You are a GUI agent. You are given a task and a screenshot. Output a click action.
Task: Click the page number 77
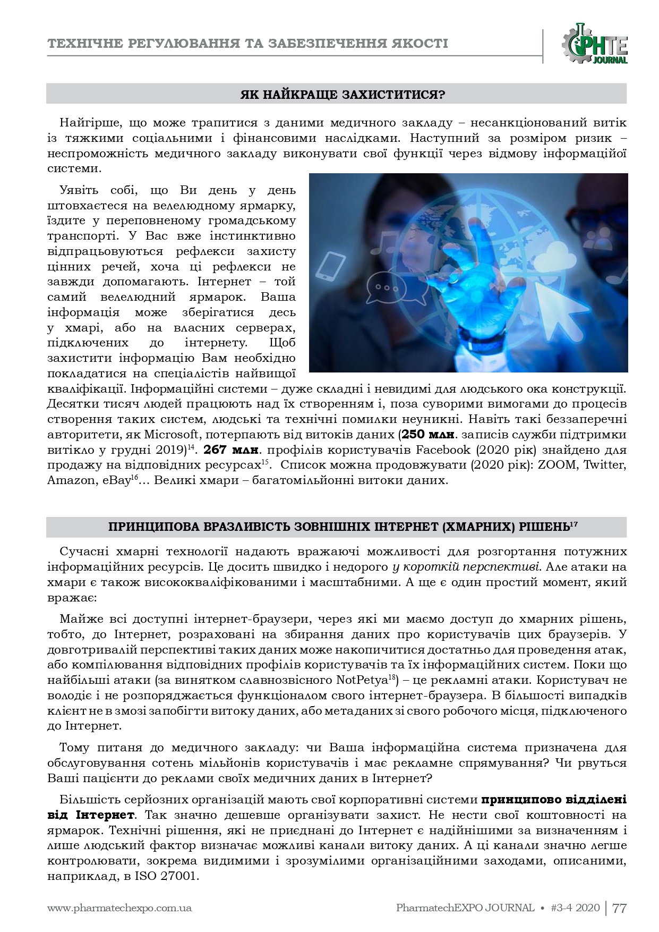click(x=620, y=908)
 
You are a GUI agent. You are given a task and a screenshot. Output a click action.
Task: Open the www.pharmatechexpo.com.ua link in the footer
click(x=119, y=908)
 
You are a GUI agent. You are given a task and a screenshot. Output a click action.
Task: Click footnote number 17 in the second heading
click(x=574, y=524)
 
